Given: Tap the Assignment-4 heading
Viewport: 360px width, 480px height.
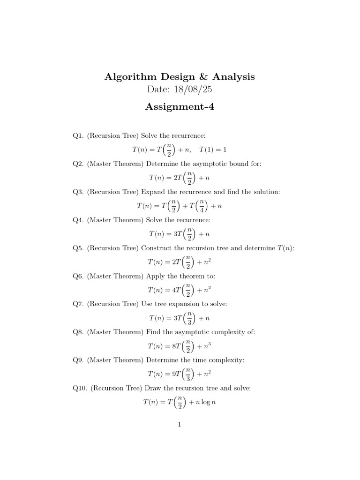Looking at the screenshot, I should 180,107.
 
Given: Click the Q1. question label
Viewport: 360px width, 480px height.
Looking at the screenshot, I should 78,136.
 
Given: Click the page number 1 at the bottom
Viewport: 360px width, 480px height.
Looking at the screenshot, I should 180,425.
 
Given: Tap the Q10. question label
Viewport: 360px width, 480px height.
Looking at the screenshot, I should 80,389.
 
